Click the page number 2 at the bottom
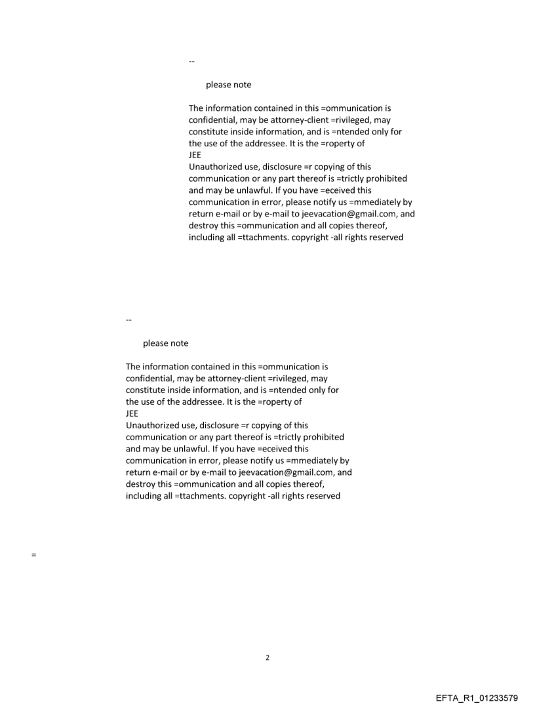click(267, 657)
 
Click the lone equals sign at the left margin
click(33, 555)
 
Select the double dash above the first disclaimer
click(191, 62)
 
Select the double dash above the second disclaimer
click(129, 320)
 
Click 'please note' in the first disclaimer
click(228, 85)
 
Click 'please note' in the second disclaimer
click(165, 343)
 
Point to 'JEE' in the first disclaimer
click(195, 155)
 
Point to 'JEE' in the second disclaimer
click(132, 414)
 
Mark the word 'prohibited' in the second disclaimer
click(322, 437)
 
